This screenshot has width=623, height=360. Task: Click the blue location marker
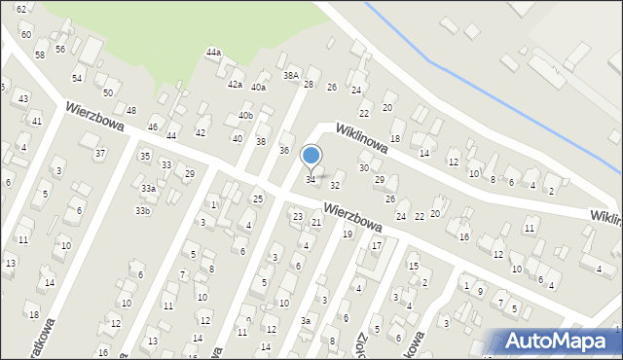(x=311, y=155)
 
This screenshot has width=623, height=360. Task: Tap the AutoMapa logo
(x=560, y=341)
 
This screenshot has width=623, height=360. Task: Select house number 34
(x=311, y=179)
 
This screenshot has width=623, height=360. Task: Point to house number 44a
(x=213, y=53)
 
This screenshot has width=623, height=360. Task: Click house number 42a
(x=235, y=85)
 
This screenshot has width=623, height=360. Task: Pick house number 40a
(x=258, y=87)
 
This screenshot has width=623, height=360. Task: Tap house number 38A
(x=290, y=75)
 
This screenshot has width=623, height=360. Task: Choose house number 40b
(x=245, y=116)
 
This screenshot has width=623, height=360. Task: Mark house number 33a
(x=148, y=188)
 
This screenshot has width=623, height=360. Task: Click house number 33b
(x=143, y=210)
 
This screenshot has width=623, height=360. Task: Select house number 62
(x=21, y=9)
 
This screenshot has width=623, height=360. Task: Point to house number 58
(x=40, y=54)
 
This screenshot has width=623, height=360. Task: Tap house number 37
(x=99, y=153)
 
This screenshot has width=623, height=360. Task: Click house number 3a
(x=306, y=320)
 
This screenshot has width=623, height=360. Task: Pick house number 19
(x=347, y=234)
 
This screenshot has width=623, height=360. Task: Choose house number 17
(x=376, y=245)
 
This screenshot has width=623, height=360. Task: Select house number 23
(x=298, y=215)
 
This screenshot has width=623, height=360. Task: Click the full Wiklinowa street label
(x=362, y=138)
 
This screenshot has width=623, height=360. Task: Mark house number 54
(x=77, y=76)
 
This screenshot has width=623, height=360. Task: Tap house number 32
(x=335, y=184)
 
